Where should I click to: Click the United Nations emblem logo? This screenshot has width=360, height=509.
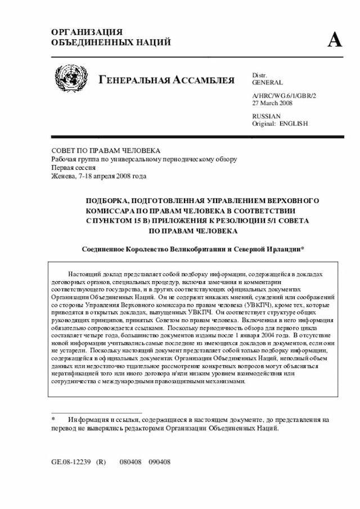click(x=71, y=79)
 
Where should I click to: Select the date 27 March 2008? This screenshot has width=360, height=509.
click(x=272, y=103)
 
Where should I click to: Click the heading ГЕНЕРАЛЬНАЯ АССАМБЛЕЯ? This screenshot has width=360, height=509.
click(x=166, y=80)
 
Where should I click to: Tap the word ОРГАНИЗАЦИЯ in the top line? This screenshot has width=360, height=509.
click(x=87, y=32)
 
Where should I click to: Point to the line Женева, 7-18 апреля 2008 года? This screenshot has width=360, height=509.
click(x=99, y=176)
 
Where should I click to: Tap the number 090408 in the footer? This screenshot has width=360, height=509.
click(x=159, y=461)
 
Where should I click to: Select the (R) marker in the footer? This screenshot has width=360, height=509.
click(x=101, y=461)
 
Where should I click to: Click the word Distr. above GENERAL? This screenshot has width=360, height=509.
click(x=259, y=75)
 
